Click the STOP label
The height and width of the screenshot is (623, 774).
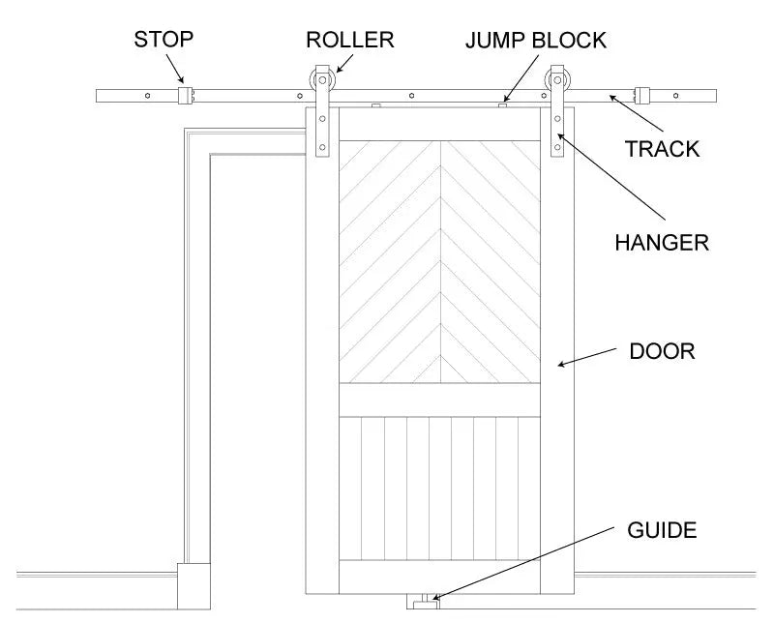coord(164,40)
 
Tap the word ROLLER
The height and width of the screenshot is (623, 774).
coord(350,40)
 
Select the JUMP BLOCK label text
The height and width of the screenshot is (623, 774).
coord(535,40)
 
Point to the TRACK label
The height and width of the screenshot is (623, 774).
coord(662,149)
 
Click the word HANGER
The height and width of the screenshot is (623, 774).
coord(662,242)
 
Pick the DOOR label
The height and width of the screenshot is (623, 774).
coord(662,350)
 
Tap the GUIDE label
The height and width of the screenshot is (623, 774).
coord(662,530)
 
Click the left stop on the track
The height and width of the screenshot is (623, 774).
coord(187,96)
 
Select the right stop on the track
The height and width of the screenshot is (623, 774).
coord(640,96)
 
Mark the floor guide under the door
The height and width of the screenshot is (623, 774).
coord(424,603)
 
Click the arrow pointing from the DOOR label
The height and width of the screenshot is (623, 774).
coord(590,358)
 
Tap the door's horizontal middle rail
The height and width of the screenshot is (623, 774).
coord(440,399)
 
